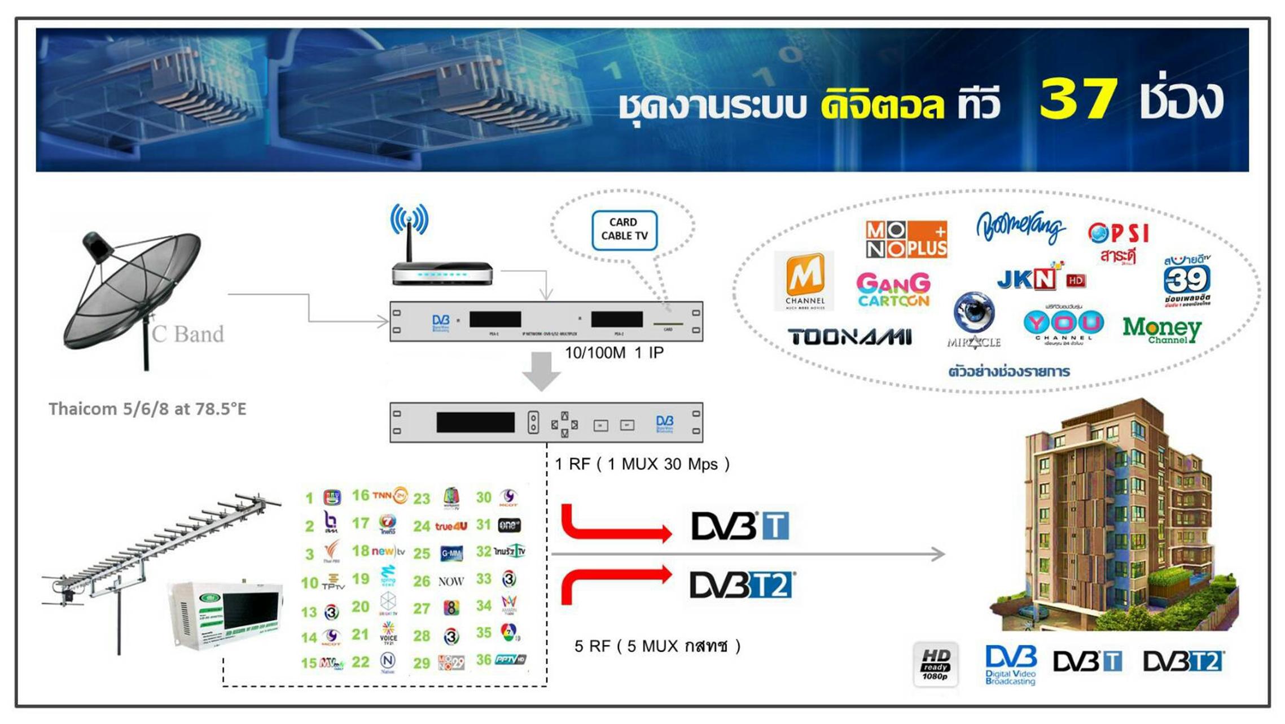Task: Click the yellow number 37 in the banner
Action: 1078,99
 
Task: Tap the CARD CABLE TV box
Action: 624,230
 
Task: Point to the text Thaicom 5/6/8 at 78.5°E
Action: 147,409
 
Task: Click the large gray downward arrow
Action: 541,371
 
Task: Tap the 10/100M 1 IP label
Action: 614,353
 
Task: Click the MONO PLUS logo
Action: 906,239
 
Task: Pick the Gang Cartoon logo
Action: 893,290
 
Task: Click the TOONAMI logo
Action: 849,337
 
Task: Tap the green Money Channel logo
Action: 1161,330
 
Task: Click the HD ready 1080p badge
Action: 935,664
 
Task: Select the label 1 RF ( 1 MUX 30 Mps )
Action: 642,464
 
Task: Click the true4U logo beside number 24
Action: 451,526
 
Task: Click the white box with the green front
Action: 226,616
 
